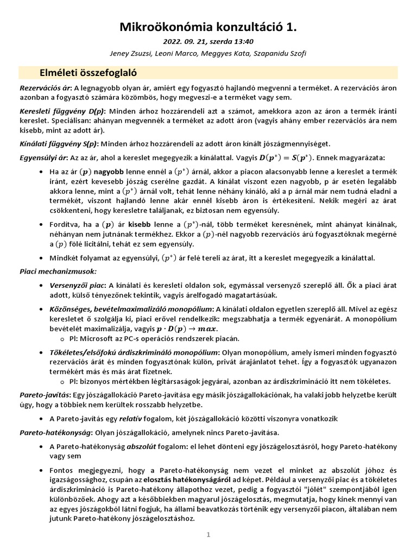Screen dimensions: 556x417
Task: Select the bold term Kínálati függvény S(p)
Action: click(x=58, y=143)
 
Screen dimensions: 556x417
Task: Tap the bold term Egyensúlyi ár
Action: click(x=43, y=158)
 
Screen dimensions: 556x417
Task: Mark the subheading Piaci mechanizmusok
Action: click(x=52, y=270)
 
